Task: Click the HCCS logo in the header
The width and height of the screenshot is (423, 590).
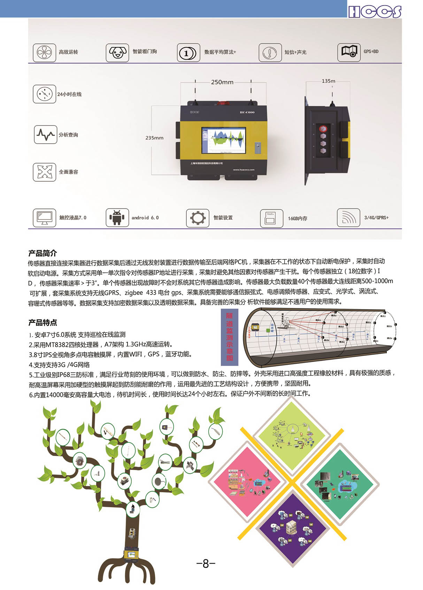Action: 375,11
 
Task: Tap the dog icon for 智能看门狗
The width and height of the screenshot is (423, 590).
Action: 117,53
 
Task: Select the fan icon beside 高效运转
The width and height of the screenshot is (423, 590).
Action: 44,53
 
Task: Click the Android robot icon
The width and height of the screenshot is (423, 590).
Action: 117,218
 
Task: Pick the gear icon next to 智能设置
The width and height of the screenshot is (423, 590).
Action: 198,218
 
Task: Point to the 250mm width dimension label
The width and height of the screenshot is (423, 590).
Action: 222,82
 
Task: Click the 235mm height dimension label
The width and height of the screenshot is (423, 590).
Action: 154,138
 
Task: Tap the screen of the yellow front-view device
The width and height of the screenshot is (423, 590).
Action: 224,140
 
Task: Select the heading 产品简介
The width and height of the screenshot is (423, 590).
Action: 43,253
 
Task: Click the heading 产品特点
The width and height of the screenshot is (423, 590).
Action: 43,322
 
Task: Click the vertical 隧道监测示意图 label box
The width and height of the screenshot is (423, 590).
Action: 230,336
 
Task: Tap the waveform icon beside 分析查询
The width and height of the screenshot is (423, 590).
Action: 45,135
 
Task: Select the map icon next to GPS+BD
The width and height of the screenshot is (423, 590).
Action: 349,52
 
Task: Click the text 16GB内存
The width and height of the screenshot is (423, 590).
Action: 298,219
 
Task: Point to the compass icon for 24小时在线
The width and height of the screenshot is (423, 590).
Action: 45,94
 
